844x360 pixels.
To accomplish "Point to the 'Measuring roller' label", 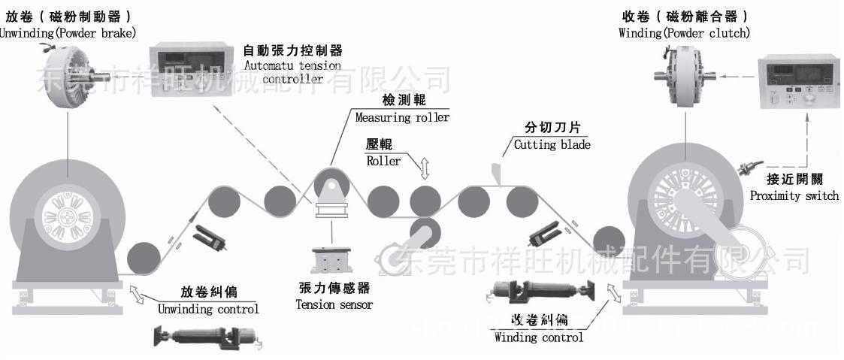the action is click(402, 118).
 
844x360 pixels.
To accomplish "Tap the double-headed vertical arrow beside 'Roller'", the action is click(425, 168).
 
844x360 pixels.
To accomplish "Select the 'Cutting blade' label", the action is click(552, 145).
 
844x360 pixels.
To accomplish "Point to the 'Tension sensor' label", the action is click(334, 304).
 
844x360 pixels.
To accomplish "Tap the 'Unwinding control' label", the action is click(208, 309).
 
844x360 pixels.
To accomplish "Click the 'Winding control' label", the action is click(538, 337).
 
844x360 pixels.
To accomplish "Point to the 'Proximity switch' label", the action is click(794, 196).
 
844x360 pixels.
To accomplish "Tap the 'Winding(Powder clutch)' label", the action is click(684, 33).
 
